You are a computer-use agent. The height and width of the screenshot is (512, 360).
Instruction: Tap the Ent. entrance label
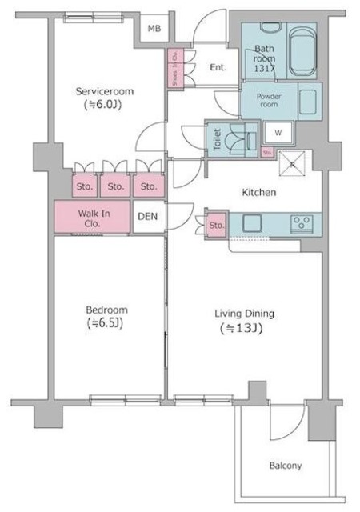tap(218, 68)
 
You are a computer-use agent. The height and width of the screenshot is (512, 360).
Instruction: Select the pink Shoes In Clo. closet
tap(176, 70)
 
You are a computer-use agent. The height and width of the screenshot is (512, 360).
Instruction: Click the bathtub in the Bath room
tap(302, 50)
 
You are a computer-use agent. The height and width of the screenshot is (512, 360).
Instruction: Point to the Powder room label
tap(256, 101)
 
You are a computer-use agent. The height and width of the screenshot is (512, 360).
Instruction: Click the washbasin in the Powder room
tap(309, 101)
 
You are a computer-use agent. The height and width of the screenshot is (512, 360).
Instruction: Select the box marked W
tap(278, 132)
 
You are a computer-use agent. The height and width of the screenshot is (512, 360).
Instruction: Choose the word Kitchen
tap(260, 193)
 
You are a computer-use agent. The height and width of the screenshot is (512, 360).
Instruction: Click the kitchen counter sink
tap(250, 223)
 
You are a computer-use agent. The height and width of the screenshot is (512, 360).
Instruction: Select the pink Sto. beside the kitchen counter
tap(217, 225)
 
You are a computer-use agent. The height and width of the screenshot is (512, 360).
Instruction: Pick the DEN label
tap(148, 216)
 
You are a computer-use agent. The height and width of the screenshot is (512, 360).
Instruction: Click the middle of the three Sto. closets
tap(116, 187)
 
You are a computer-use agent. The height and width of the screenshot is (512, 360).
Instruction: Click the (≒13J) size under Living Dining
tap(241, 328)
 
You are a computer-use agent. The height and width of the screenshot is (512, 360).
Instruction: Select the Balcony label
tap(286, 466)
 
